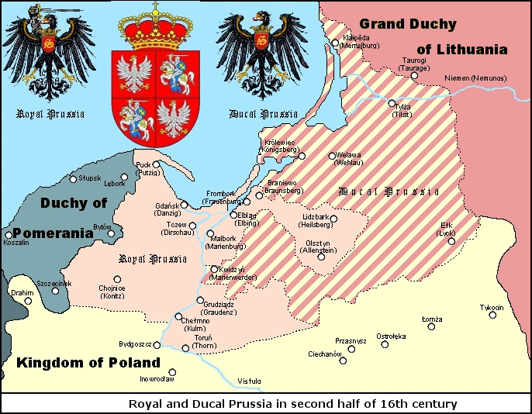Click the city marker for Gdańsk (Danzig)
pos(184,205)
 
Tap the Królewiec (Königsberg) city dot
pos(302,157)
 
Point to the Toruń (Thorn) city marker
pos(185,349)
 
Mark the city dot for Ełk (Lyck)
pos(451,241)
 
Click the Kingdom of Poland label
pos(88,363)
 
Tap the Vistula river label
pos(250,380)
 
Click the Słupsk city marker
pos(74,179)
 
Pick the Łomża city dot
pos(431,326)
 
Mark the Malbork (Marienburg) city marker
pos(209,233)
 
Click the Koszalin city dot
pos(9,234)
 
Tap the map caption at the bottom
pos(292,404)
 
